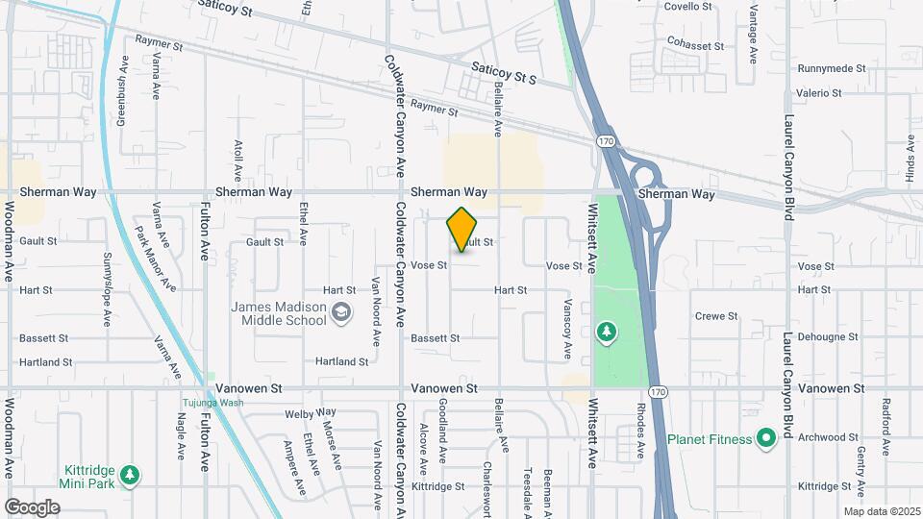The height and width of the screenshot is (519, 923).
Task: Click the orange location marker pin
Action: click(x=462, y=230)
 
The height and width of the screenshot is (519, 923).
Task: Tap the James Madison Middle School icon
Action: click(x=340, y=312)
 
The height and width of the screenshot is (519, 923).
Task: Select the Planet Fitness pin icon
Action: click(x=766, y=439)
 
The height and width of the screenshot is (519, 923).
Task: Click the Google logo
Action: click(x=32, y=507)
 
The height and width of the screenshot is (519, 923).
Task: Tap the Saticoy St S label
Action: click(x=503, y=73)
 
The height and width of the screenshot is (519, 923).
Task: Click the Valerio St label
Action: click(x=818, y=93)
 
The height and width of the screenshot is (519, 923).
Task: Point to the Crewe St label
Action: click(x=715, y=315)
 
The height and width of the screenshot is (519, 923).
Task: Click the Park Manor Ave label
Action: click(x=155, y=258)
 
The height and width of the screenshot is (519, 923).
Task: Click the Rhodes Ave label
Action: click(x=639, y=437)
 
